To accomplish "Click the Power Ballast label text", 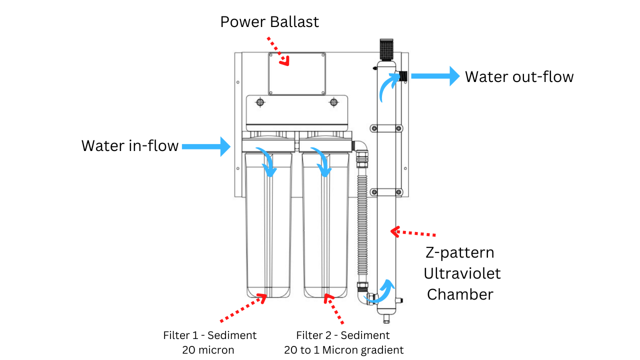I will pyautogui.click(x=269, y=22).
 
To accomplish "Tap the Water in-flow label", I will pyautogui.click(x=129, y=145).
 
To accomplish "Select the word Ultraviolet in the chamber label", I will pyautogui.click(x=462, y=273).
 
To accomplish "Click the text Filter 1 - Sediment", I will pyautogui.click(x=209, y=335).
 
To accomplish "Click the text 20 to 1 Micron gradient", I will pyautogui.click(x=343, y=350).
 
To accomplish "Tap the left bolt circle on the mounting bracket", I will pyautogui.click(x=260, y=102).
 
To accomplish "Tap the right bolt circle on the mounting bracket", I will pyautogui.click(x=333, y=102).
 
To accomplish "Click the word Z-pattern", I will pyautogui.click(x=459, y=252).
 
